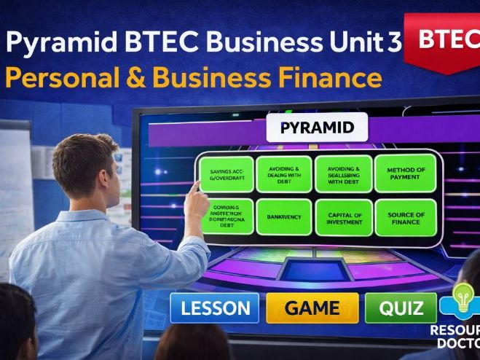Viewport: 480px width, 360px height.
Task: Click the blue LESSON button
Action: point(214,308)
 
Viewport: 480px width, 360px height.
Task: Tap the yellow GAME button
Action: point(312,308)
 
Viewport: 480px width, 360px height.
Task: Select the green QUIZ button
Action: point(401,308)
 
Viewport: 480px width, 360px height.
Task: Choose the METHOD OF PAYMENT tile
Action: point(404,174)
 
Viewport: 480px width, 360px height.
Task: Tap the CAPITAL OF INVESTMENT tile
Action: point(345,218)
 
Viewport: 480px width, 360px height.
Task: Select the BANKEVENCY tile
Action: point(284,218)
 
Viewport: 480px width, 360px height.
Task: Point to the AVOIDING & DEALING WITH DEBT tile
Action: point(284,174)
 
